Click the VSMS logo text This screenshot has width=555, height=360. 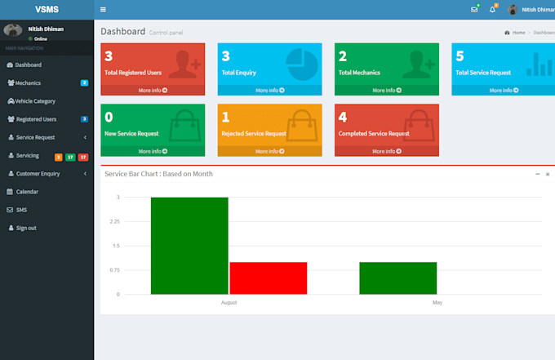click(47, 9)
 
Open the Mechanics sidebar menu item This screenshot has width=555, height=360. click(28, 82)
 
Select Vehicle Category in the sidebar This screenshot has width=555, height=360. click(35, 101)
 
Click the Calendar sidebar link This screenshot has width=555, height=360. click(27, 192)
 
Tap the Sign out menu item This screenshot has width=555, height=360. click(26, 228)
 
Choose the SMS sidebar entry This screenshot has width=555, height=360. click(21, 210)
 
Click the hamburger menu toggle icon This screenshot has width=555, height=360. click(103, 10)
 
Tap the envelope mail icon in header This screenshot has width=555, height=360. click(474, 10)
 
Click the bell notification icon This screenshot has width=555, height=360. click(492, 10)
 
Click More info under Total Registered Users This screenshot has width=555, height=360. click(153, 91)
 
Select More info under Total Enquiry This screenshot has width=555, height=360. click(269, 91)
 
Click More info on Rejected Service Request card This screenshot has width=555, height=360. click(269, 151)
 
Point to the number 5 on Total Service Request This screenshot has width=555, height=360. click(460, 56)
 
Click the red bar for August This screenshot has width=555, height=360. click(268, 278)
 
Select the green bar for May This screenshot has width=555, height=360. click(397, 278)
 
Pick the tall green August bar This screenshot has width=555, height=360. click(189, 245)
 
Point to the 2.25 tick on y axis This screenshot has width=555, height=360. click(114, 221)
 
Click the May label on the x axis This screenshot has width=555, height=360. click(437, 302)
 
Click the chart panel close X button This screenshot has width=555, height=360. click(548, 174)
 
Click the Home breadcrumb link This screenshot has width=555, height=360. click(518, 33)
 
